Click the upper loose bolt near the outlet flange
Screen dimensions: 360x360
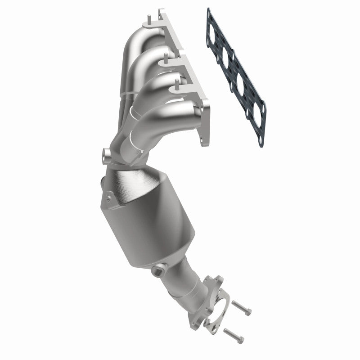242,310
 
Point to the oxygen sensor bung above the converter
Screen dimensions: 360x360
107,155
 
